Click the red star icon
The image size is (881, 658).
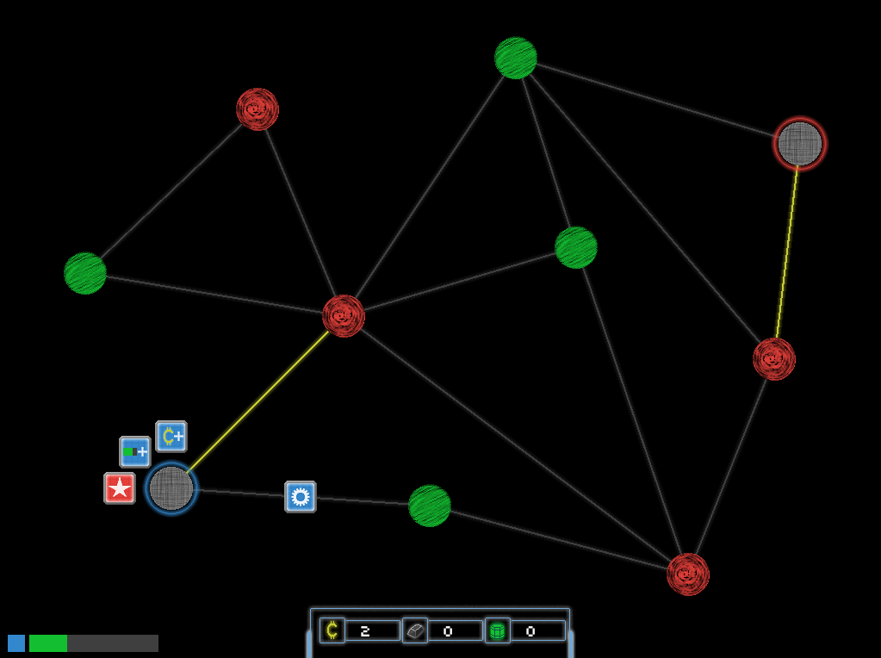click(x=120, y=488)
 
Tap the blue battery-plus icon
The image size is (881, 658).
click(x=135, y=452)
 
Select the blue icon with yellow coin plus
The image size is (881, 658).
click(x=171, y=436)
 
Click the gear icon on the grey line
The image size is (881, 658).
click(x=301, y=497)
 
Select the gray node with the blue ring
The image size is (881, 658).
click(x=171, y=488)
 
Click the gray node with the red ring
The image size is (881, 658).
click(x=799, y=144)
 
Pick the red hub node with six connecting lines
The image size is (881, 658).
click(x=344, y=316)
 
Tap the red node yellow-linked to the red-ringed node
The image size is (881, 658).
click(x=773, y=359)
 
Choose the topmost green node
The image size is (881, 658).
click(x=516, y=58)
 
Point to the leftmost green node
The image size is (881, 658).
click(x=85, y=273)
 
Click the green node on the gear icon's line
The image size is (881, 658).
click(x=430, y=506)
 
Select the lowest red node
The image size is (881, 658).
click(x=688, y=574)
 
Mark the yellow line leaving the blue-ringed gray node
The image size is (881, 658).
click(x=257, y=402)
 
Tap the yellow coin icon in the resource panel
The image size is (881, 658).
click(x=332, y=630)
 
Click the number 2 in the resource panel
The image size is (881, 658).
click(x=365, y=631)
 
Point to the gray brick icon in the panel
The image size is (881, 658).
click(x=415, y=630)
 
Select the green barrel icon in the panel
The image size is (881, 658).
click(x=497, y=630)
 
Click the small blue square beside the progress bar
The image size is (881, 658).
click(x=16, y=643)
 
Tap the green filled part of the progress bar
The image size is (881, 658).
click(x=48, y=643)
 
